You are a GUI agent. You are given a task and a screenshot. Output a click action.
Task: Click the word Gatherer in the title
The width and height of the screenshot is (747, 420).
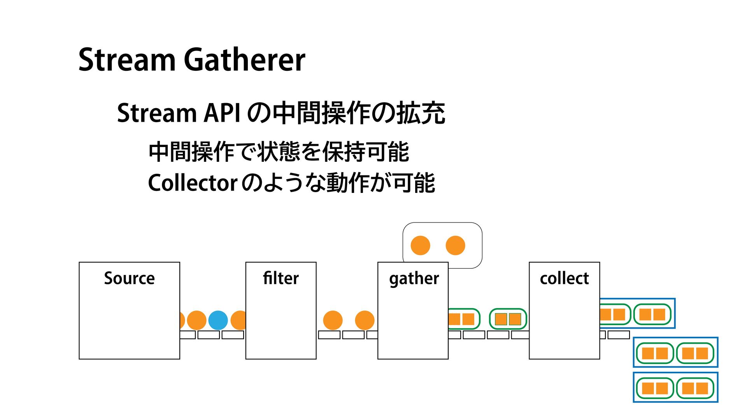[x=244, y=60]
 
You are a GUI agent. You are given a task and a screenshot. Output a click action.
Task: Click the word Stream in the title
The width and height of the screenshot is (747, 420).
[x=127, y=60]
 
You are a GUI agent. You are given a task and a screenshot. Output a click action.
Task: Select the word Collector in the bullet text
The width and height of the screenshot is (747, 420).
[x=193, y=183]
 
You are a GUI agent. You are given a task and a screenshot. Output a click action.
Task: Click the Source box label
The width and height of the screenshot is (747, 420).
[x=129, y=278]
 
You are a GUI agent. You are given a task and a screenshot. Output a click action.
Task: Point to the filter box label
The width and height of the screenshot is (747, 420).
[x=281, y=278]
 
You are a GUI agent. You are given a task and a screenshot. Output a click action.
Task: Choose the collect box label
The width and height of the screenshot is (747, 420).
[x=564, y=278]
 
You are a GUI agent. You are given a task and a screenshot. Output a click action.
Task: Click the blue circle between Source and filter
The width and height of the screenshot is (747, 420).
[x=218, y=320]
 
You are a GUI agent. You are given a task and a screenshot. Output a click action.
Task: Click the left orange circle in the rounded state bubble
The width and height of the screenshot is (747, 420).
[x=420, y=245]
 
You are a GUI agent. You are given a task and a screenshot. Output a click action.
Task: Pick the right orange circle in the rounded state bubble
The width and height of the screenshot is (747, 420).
[x=455, y=245]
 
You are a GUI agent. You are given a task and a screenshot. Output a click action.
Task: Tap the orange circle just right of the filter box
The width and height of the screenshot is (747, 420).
[x=333, y=320]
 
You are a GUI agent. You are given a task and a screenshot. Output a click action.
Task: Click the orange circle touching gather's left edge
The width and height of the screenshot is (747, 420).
[x=365, y=320]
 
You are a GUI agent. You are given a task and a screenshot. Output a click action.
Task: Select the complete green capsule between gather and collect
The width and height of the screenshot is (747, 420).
[x=508, y=319]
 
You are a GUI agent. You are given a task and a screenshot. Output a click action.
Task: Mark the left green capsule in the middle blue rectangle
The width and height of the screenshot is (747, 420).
[x=655, y=353]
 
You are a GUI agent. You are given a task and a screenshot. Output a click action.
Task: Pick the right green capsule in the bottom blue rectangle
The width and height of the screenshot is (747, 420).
[x=695, y=388]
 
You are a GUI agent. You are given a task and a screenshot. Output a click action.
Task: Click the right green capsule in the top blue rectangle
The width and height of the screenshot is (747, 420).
[x=652, y=314]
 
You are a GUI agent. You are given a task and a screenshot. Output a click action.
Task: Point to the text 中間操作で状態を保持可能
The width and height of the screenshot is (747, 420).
[x=279, y=152]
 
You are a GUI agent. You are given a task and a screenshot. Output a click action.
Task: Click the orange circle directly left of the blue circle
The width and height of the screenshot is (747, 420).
[x=196, y=320]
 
